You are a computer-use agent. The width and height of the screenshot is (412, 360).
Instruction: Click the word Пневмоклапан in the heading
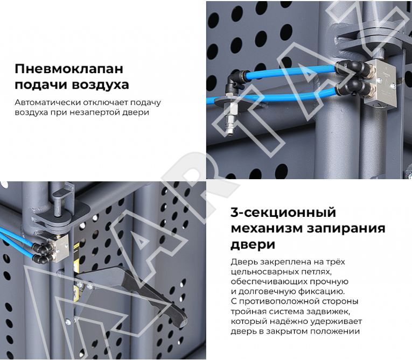[x=69, y=69]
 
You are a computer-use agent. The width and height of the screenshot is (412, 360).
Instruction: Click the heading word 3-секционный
[x=283, y=213]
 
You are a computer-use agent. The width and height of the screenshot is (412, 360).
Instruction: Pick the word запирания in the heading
[x=346, y=229]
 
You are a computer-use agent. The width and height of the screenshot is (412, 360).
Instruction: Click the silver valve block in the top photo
[x=380, y=82]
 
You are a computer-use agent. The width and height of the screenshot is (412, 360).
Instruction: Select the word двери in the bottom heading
[x=253, y=245]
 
